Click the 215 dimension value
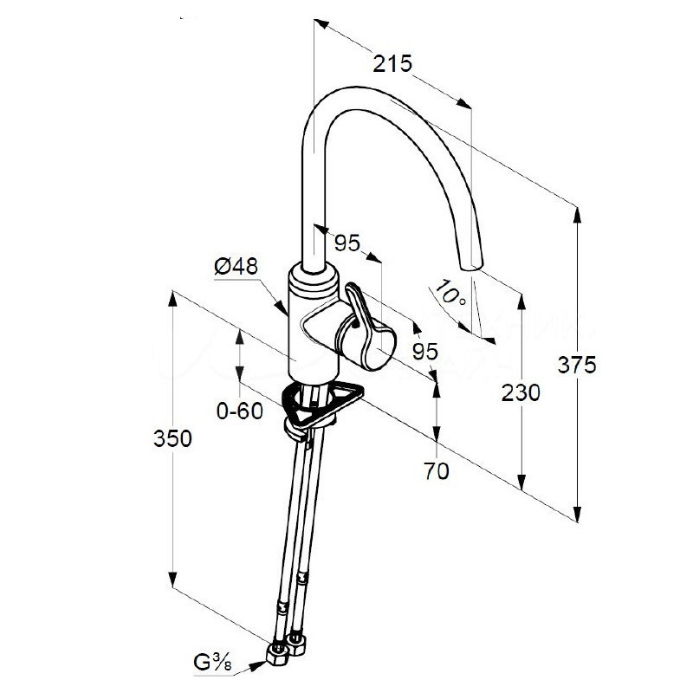392,63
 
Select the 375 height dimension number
577,365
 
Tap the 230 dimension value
521,393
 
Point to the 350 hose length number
172,438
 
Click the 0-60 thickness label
240,411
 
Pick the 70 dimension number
437,471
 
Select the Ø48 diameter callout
236,267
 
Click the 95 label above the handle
347,243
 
